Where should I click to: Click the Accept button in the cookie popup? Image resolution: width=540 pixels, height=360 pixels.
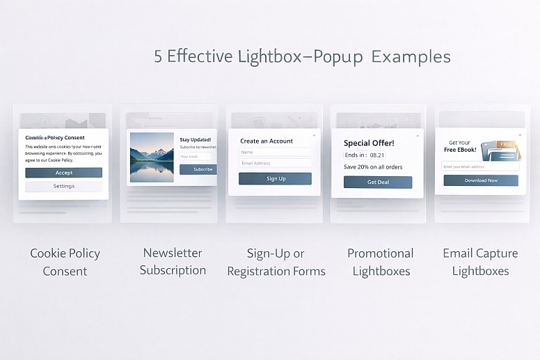[63, 173]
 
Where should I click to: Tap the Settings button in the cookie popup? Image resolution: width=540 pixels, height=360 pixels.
[63, 187]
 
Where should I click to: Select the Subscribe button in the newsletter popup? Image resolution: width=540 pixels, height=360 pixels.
[198, 169]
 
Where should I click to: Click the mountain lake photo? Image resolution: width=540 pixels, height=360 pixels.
[152, 157]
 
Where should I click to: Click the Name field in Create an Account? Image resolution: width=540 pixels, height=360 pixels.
[276, 152]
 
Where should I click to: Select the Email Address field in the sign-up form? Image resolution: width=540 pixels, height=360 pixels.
[276, 163]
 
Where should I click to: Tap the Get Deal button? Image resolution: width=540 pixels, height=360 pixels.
[378, 182]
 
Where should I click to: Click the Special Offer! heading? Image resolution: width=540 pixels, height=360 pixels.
[369, 143]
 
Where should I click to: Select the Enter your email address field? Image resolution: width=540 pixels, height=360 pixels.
[480, 166]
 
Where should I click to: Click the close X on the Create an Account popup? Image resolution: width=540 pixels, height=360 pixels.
[314, 135]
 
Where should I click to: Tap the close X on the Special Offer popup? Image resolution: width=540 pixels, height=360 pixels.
[418, 136]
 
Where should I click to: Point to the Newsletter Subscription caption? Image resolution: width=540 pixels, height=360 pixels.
[173, 262]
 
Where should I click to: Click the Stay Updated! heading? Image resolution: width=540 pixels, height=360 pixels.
[196, 140]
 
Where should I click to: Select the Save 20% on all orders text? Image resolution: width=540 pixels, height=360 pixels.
[372, 167]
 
